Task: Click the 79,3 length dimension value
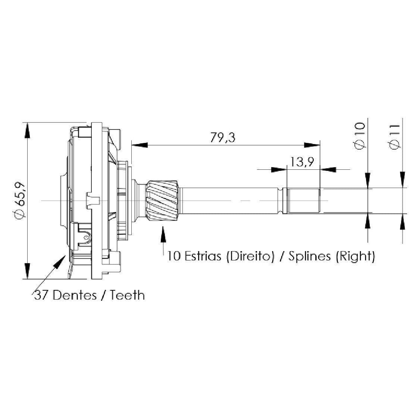pyautogui.click(x=222, y=137)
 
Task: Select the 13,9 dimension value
pyautogui.click(x=302, y=162)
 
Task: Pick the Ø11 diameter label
pyautogui.click(x=395, y=137)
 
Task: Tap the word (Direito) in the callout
pyautogui.click(x=250, y=256)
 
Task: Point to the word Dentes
pyautogui.click(x=75, y=295)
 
